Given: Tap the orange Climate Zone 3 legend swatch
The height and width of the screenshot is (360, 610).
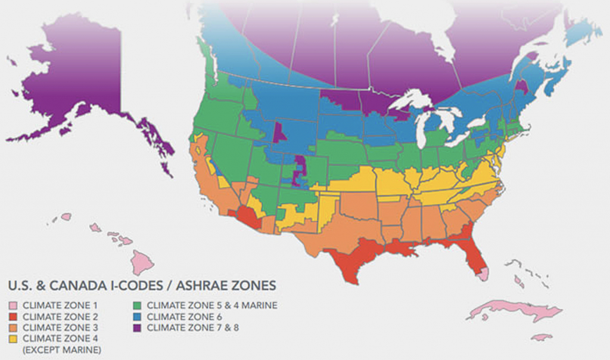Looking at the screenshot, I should tap(14, 327).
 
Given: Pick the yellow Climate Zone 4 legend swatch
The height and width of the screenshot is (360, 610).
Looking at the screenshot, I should tap(14, 339).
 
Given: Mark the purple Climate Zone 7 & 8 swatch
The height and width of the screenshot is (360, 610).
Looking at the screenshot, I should tap(138, 327).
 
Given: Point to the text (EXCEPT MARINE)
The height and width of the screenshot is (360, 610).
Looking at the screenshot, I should tap(61, 349).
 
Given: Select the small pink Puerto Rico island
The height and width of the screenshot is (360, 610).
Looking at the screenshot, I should tap(541, 337).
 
